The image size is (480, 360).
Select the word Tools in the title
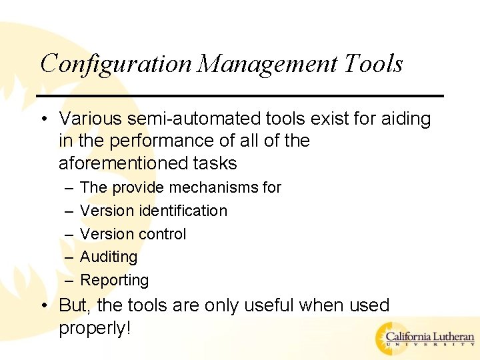point(374,64)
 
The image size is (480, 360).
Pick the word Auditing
point(109,257)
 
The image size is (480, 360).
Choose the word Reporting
point(114,280)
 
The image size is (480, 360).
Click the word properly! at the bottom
point(94,328)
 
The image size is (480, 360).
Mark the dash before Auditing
point(67,257)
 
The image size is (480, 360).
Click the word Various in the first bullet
point(85,119)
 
